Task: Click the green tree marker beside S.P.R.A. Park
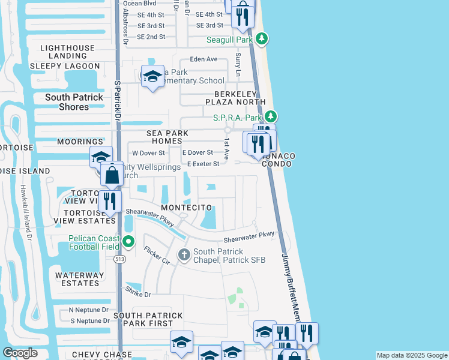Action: click(x=271, y=116)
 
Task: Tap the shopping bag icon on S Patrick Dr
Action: click(x=112, y=176)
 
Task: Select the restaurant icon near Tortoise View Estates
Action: click(x=109, y=200)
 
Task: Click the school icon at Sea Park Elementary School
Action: click(x=152, y=76)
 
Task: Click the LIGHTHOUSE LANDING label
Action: click(x=67, y=52)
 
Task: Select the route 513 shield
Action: click(x=120, y=259)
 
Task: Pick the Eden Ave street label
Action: click(x=203, y=59)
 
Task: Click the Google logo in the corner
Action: click(x=20, y=353)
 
